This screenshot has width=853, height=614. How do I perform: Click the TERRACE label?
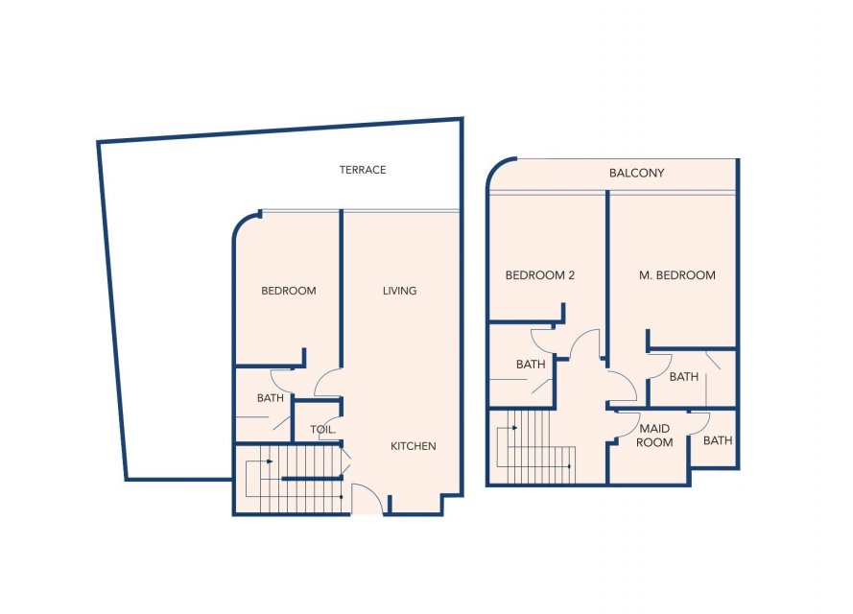click(x=363, y=170)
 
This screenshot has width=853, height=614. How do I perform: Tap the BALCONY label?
click(x=636, y=173)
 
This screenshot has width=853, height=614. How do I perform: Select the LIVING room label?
click(x=399, y=291)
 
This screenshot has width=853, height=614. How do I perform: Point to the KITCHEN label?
click(x=413, y=446)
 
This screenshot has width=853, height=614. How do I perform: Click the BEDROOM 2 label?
click(x=539, y=275)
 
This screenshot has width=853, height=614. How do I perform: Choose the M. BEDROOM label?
click(x=676, y=275)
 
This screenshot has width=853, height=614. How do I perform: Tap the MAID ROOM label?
click(x=654, y=435)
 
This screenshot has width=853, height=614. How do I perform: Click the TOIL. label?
click(x=323, y=430)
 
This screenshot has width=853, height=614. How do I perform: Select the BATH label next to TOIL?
click(x=271, y=398)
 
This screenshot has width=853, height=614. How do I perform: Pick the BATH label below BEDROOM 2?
click(x=531, y=365)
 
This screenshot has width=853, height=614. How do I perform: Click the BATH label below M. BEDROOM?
click(x=684, y=376)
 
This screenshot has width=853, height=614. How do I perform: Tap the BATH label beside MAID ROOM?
click(x=718, y=440)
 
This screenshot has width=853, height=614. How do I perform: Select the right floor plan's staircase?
click(x=536, y=446)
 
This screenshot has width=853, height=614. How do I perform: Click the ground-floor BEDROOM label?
click(x=288, y=291)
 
